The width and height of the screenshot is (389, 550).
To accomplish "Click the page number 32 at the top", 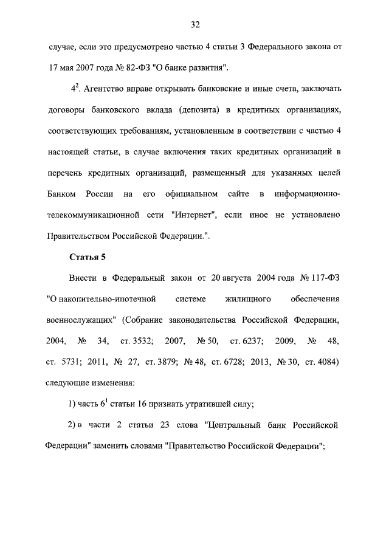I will [x=194, y=25].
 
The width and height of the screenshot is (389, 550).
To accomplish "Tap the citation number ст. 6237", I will [x=247, y=341].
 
